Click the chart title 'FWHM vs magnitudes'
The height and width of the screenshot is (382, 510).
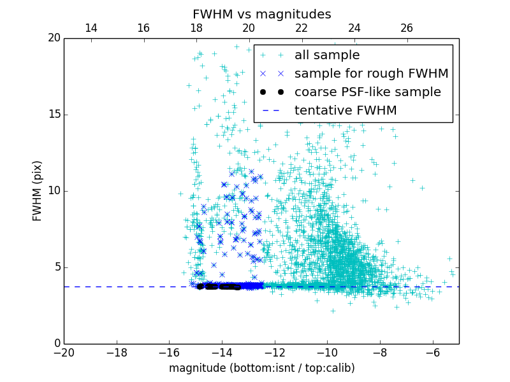click(261, 14)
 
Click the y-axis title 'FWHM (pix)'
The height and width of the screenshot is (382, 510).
click(38, 190)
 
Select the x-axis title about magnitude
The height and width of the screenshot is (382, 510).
click(261, 368)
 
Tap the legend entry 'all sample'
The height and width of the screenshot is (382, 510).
click(326, 55)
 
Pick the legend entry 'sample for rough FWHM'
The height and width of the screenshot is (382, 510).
click(371, 74)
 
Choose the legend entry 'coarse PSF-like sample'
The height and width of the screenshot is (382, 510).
click(367, 92)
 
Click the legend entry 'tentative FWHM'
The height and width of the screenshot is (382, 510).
click(345, 111)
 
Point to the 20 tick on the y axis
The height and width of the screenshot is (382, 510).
click(53, 38)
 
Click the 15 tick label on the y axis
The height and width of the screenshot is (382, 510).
click(53, 115)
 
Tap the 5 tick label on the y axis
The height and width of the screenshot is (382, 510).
click(56, 267)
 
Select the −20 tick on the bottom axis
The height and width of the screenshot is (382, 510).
click(64, 352)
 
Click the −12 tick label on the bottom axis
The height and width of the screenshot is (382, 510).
click(274, 352)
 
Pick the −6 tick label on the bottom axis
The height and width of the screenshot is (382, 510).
click(432, 352)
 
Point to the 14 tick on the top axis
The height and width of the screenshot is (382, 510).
click(91, 28)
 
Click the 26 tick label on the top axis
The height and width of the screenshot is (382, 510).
click(407, 28)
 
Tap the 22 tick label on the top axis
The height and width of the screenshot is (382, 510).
click(302, 28)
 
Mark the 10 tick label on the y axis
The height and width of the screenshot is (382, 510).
click(53, 191)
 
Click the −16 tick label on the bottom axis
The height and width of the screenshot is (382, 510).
click(169, 352)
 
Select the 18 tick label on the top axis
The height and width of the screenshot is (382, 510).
click(196, 28)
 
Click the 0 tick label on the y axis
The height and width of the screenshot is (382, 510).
click(56, 344)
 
